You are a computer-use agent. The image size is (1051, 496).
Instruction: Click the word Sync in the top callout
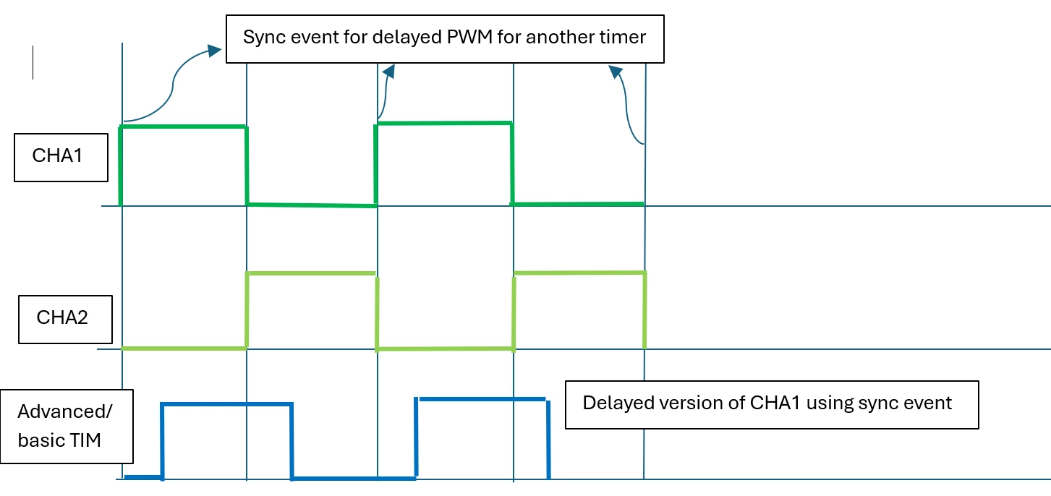tap(264, 38)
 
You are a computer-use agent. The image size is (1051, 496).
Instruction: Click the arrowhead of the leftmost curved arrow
tap(214, 50)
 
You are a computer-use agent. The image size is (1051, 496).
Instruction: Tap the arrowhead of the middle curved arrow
tap(389, 72)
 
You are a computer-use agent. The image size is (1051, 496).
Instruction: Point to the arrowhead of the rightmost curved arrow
tap(616, 72)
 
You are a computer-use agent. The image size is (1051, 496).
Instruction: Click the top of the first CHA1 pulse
tap(184, 126)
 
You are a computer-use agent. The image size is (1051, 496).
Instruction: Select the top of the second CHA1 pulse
tap(444, 124)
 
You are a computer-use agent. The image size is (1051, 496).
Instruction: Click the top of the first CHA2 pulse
tap(312, 273)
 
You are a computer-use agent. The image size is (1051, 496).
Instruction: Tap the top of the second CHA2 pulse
tap(580, 273)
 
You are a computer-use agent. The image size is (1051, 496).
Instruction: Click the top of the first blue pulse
tap(226, 404)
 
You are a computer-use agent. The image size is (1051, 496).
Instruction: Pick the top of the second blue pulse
tap(482, 399)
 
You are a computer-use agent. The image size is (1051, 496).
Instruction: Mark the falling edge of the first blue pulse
tap(292, 441)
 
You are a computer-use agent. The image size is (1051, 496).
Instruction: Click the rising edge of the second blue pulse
tap(416, 437)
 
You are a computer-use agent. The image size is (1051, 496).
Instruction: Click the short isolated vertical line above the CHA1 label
tap(33, 62)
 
